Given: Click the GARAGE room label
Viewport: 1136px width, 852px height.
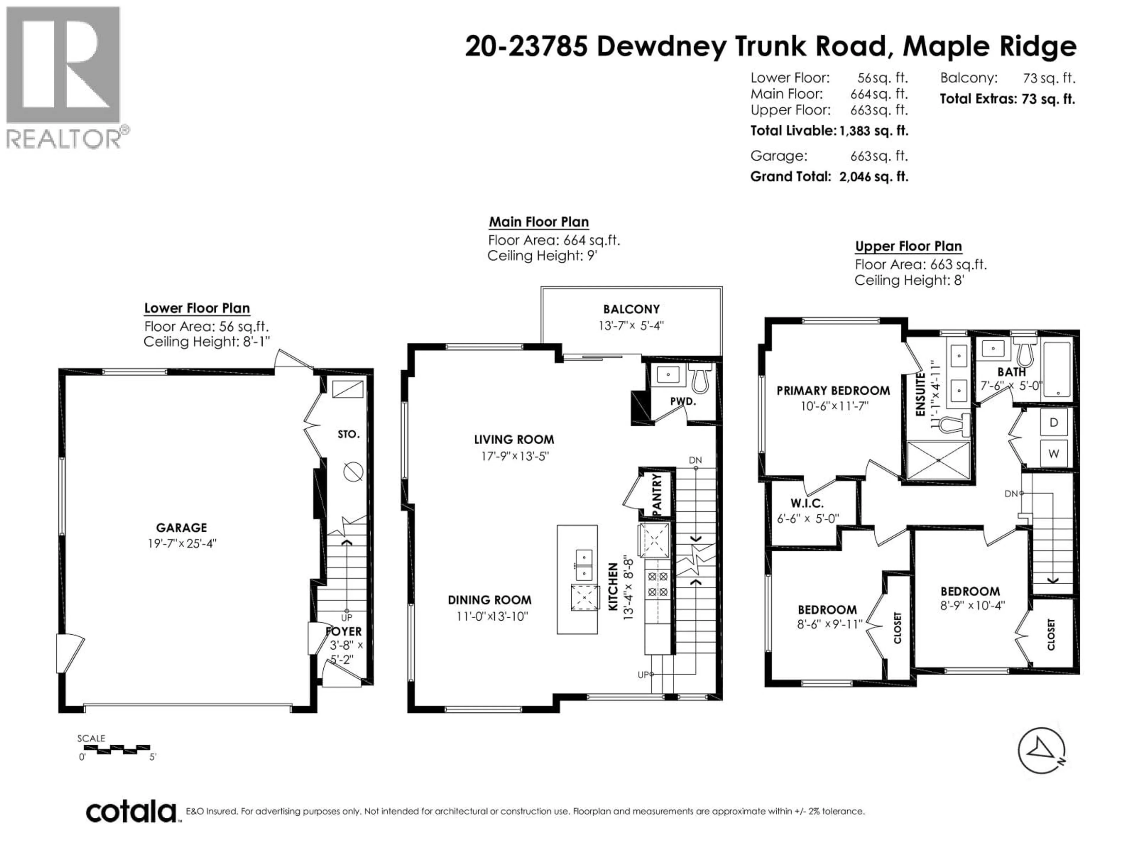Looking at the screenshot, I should pos(181,527).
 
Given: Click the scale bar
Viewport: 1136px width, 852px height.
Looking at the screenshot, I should pos(117,749).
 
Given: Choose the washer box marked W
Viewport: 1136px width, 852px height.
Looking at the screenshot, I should pos(1054,454).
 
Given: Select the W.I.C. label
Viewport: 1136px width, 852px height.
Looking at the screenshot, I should pos(807,503).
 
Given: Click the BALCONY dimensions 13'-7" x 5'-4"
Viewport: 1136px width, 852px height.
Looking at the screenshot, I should pos(631,326).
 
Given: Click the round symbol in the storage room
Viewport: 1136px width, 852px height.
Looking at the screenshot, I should pos(353,472).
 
